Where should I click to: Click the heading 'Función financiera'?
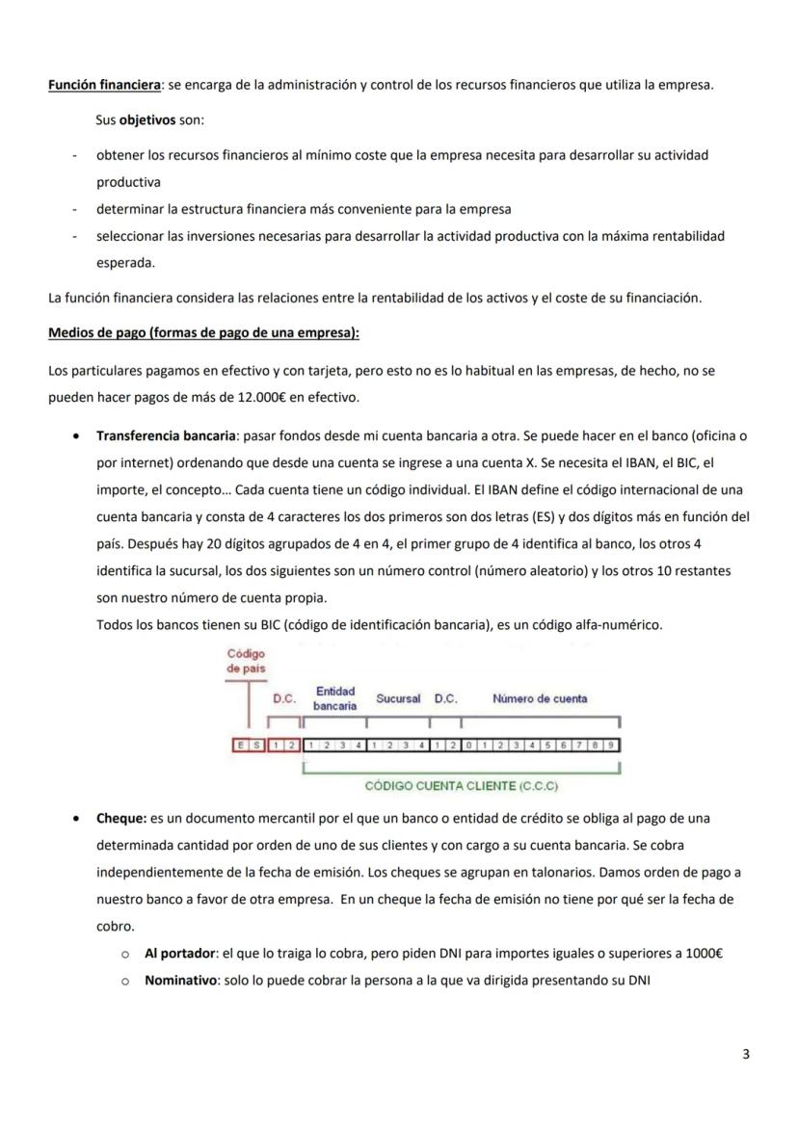[x=104, y=85]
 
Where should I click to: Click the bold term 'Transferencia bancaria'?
[x=170, y=435]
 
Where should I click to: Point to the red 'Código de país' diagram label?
[x=246, y=661]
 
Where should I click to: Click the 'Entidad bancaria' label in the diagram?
[x=334, y=698]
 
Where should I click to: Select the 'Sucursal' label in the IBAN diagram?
[x=398, y=698]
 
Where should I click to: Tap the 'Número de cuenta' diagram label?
[x=540, y=698]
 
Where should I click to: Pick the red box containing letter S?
[x=254, y=745]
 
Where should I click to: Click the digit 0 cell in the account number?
[x=469, y=745]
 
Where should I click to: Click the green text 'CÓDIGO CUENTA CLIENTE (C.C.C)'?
[x=462, y=786]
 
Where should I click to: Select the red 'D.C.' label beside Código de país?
[x=283, y=698]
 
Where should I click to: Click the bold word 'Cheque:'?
[x=120, y=818]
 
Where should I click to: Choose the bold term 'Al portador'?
[x=180, y=954]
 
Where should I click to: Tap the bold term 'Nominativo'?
[x=180, y=981]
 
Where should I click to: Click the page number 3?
[x=746, y=1054]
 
